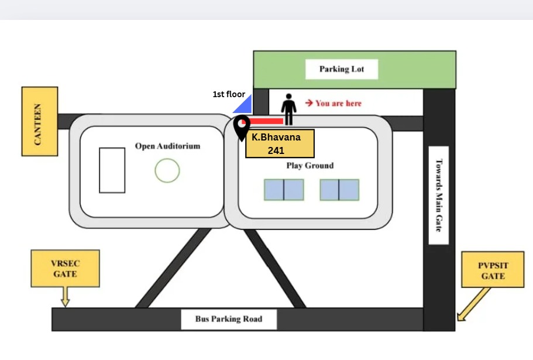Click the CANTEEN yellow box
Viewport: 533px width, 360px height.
point(40,121)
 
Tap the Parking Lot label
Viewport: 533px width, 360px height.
point(342,69)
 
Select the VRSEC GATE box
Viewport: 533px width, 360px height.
point(66,269)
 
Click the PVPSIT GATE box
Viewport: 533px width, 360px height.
point(493,270)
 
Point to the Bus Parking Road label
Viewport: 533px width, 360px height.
point(229,319)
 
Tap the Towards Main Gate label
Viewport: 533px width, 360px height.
point(439,195)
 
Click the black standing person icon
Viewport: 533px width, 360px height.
point(288,109)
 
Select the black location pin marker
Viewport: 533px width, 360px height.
point(242,128)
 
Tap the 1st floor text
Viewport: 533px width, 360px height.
point(229,94)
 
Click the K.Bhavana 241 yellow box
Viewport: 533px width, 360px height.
point(280,143)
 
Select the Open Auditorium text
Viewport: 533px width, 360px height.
point(167,146)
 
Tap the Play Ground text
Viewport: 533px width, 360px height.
point(310,166)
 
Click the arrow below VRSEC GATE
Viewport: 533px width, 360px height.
point(66,297)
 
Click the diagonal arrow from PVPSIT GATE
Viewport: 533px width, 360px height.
point(473,304)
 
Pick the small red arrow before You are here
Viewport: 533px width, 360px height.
point(309,102)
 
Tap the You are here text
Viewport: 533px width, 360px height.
point(339,104)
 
